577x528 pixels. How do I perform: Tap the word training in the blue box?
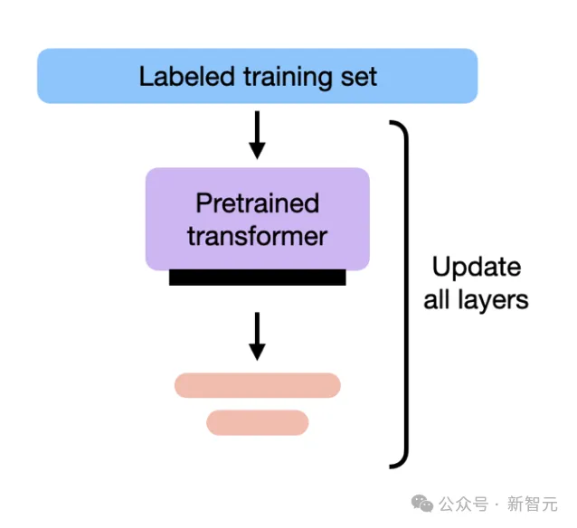279,76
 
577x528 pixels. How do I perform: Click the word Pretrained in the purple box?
258,203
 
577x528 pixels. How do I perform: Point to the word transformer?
258,236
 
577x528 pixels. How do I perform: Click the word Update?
476,268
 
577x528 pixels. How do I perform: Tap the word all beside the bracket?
437,300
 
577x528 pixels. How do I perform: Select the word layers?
493,300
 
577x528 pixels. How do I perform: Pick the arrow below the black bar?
257,335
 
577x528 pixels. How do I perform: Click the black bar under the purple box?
257,278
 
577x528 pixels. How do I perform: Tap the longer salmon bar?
257,385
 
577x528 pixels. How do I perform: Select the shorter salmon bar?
258,422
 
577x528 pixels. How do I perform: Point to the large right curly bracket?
402,294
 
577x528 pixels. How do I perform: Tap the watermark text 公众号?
464,504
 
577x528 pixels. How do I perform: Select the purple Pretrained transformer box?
258,219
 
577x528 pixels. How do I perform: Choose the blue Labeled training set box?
257,75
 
